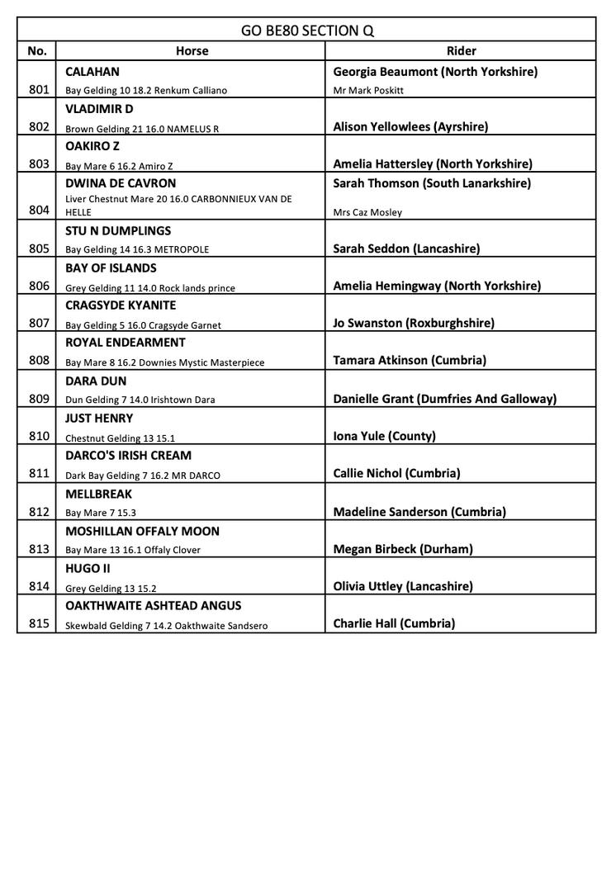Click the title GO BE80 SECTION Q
(x=307, y=31)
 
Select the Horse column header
(x=192, y=51)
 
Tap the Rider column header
(x=461, y=51)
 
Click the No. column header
(x=37, y=51)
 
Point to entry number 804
(x=39, y=211)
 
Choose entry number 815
(x=39, y=624)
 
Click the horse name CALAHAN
(x=92, y=72)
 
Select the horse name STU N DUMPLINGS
(x=118, y=230)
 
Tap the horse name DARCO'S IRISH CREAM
(x=128, y=455)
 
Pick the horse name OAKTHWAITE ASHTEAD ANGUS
(x=154, y=605)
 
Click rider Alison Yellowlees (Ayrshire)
(x=410, y=126)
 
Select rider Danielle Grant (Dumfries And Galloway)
(x=444, y=399)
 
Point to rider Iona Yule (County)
(x=384, y=436)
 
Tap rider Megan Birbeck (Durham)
(x=403, y=549)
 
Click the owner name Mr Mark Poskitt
(x=368, y=90)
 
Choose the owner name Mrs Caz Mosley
(x=367, y=212)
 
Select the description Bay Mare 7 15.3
(x=101, y=513)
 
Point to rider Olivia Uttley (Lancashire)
(x=403, y=586)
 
